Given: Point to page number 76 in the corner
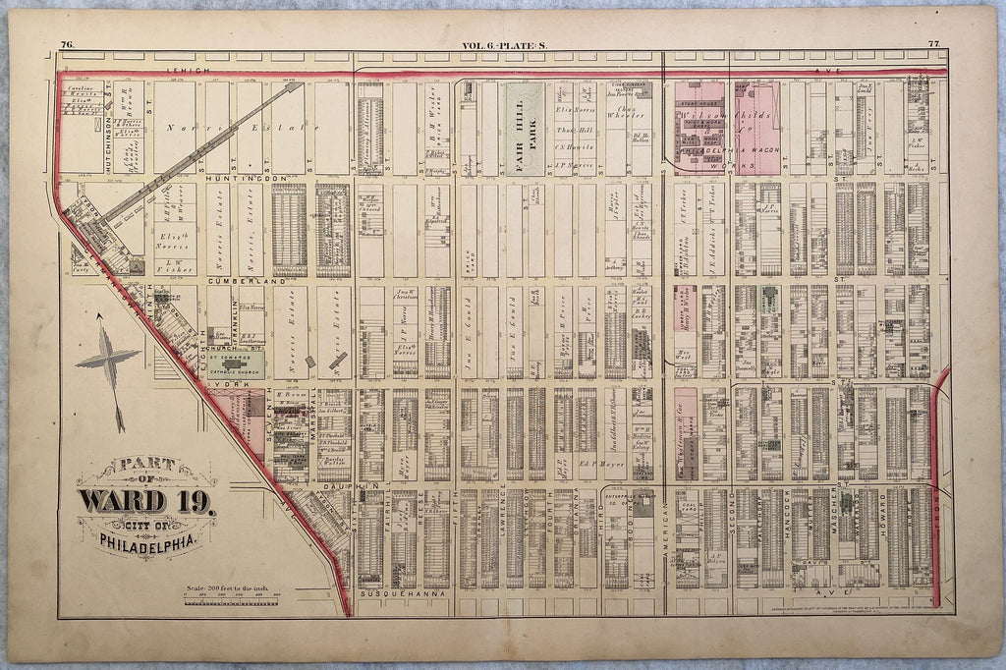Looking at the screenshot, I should pyautogui.click(x=67, y=44).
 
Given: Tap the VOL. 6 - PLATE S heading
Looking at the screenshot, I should pyautogui.click(x=504, y=44).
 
